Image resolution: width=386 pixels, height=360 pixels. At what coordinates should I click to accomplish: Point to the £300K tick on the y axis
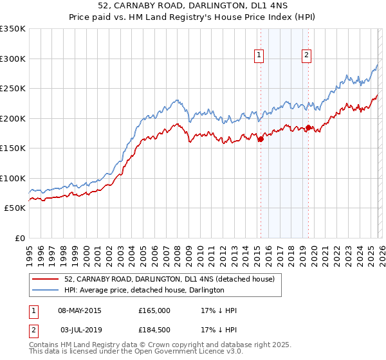point(13,59)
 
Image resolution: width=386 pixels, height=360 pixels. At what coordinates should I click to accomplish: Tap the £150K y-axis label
point(13,148)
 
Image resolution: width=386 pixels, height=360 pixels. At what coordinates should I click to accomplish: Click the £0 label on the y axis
point(19,238)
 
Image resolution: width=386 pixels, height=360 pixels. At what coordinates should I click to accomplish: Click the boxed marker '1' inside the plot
point(259,56)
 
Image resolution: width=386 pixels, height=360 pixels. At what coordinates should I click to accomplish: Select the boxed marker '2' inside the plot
point(307,56)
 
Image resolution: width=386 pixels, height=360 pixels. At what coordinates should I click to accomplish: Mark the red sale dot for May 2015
point(261,139)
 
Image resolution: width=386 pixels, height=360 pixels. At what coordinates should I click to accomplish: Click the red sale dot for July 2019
point(308,127)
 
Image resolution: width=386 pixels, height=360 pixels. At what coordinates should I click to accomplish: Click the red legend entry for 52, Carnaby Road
point(169,279)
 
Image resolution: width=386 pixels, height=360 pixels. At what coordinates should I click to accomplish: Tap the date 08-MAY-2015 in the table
point(80,310)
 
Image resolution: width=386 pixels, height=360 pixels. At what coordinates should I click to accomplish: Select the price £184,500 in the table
point(154,329)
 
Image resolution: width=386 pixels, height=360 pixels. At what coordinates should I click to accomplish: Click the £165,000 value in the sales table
point(154,310)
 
